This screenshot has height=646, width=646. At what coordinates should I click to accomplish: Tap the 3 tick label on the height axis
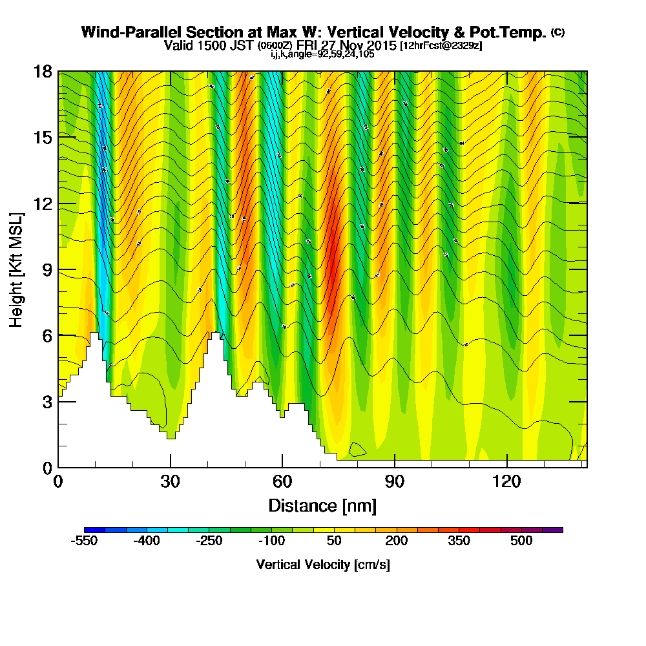47,401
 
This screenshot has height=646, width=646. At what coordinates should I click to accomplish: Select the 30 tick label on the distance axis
170,481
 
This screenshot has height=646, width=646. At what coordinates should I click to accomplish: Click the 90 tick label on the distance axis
395,481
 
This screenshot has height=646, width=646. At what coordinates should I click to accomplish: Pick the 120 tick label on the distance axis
507,481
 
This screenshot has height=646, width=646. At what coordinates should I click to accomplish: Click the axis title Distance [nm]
322,505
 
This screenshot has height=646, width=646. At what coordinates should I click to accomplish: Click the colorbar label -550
84,541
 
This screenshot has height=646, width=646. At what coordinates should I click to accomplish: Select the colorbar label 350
459,541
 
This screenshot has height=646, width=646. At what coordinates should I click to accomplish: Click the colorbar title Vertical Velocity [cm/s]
323,565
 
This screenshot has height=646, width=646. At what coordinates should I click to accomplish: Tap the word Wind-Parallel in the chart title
121,32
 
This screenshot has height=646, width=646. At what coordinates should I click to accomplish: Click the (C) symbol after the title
557,32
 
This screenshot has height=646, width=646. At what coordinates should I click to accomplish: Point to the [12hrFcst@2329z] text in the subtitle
441,46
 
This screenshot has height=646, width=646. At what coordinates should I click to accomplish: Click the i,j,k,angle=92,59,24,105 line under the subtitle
322,54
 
